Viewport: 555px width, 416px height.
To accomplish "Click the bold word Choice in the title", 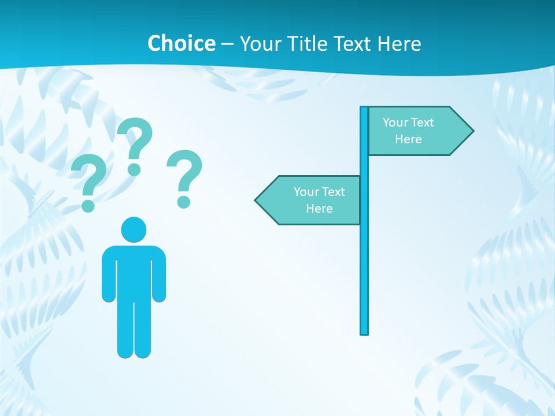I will click(x=181, y=43).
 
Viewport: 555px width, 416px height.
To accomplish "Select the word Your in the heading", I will click(x=260, y=43).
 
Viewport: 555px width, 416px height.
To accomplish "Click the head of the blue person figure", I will click(x=134, y=229).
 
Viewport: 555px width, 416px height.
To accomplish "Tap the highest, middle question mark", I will click(x=135, y=142).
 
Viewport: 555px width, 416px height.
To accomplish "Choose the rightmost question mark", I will click(x=184, y=173).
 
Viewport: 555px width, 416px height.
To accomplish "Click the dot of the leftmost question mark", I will click(x=88, y=205).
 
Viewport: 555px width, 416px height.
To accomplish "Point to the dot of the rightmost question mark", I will click(x=184, y=201).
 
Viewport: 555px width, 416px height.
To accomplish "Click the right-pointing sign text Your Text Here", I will click(x=408, y=131).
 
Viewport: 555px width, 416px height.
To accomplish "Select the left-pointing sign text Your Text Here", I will click(x=319, y=200).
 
